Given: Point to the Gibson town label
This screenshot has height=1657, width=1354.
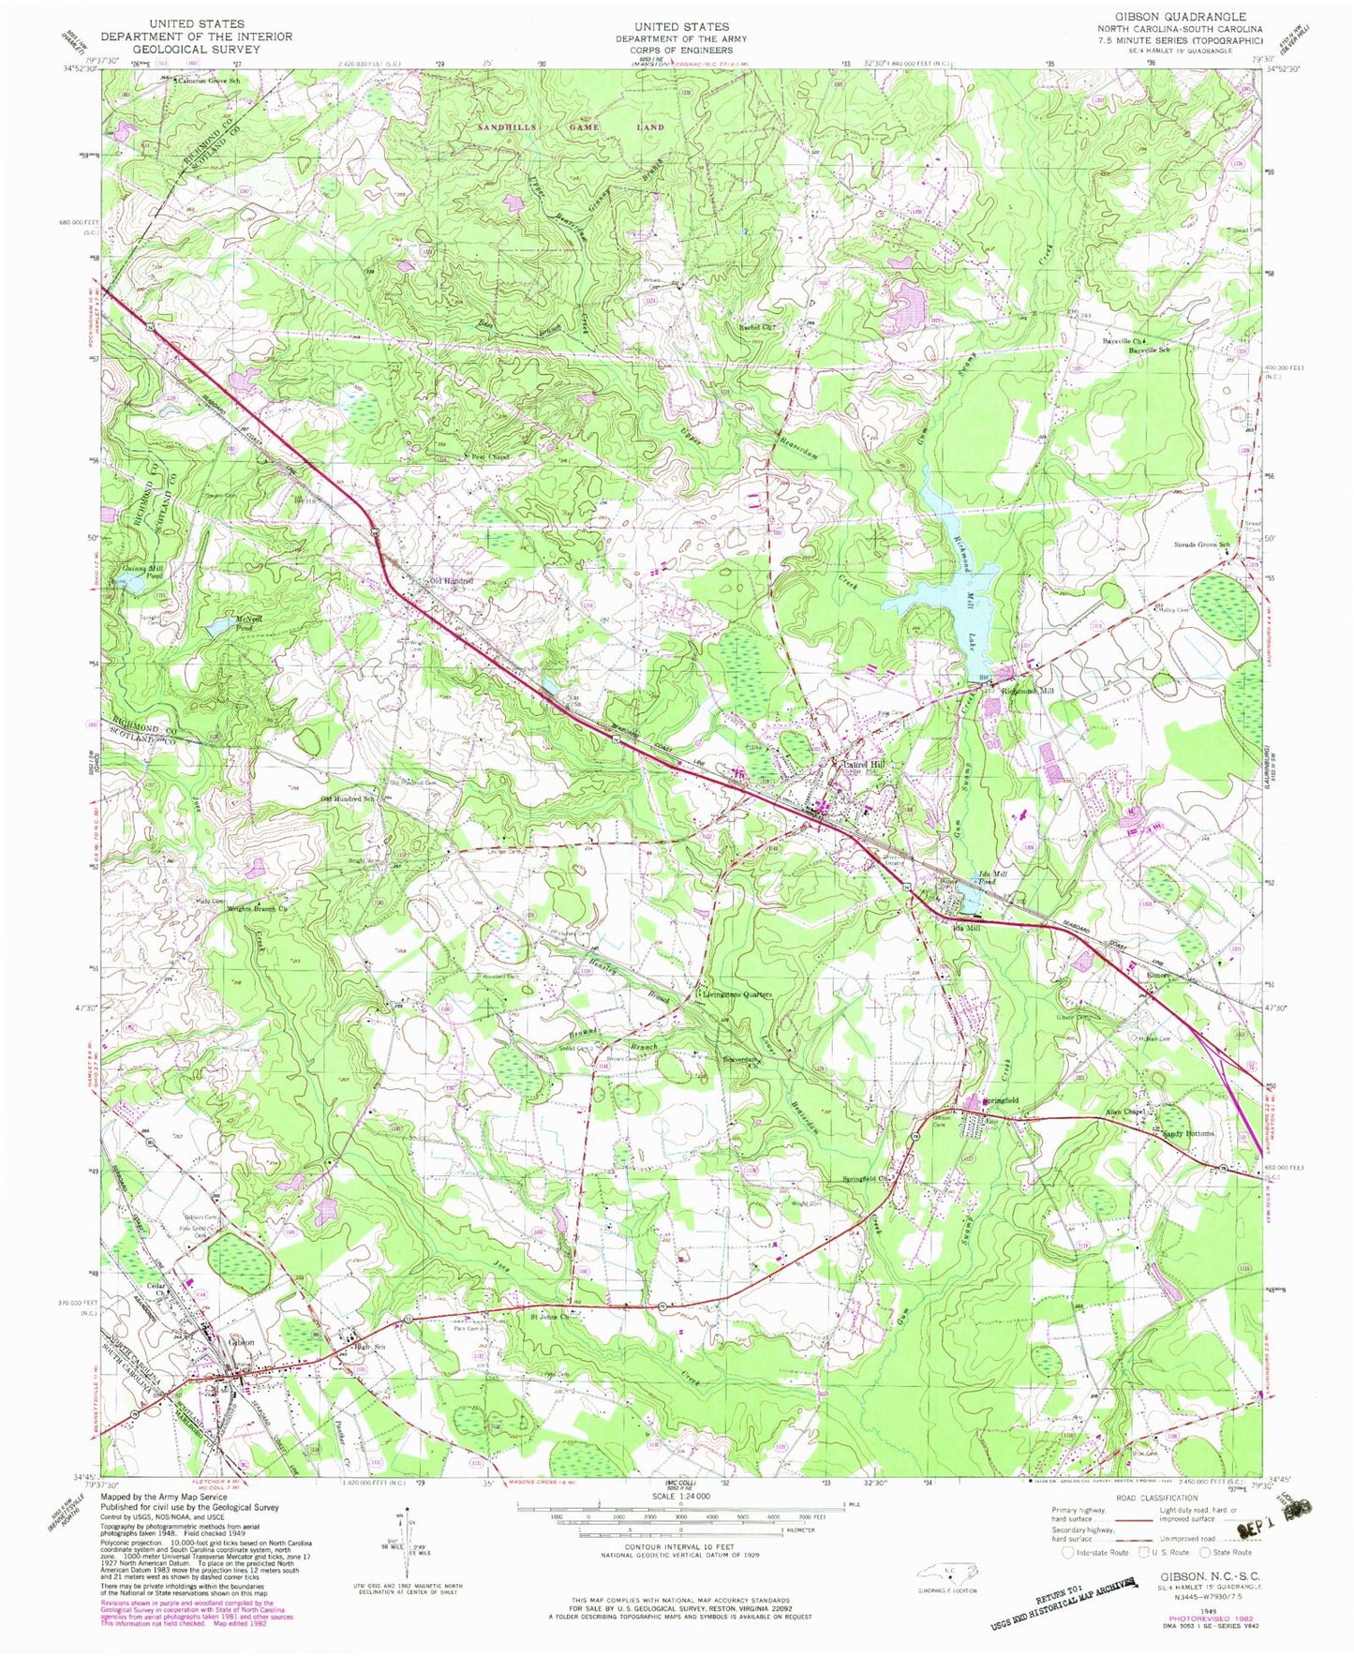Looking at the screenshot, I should pyautogui.click(x=240, y=1341).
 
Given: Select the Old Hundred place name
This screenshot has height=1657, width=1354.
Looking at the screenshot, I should pyautogui.click(x=451, y=582).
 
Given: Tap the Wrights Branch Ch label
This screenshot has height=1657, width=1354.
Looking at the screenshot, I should pyautogui.click(x=255, y=907).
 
